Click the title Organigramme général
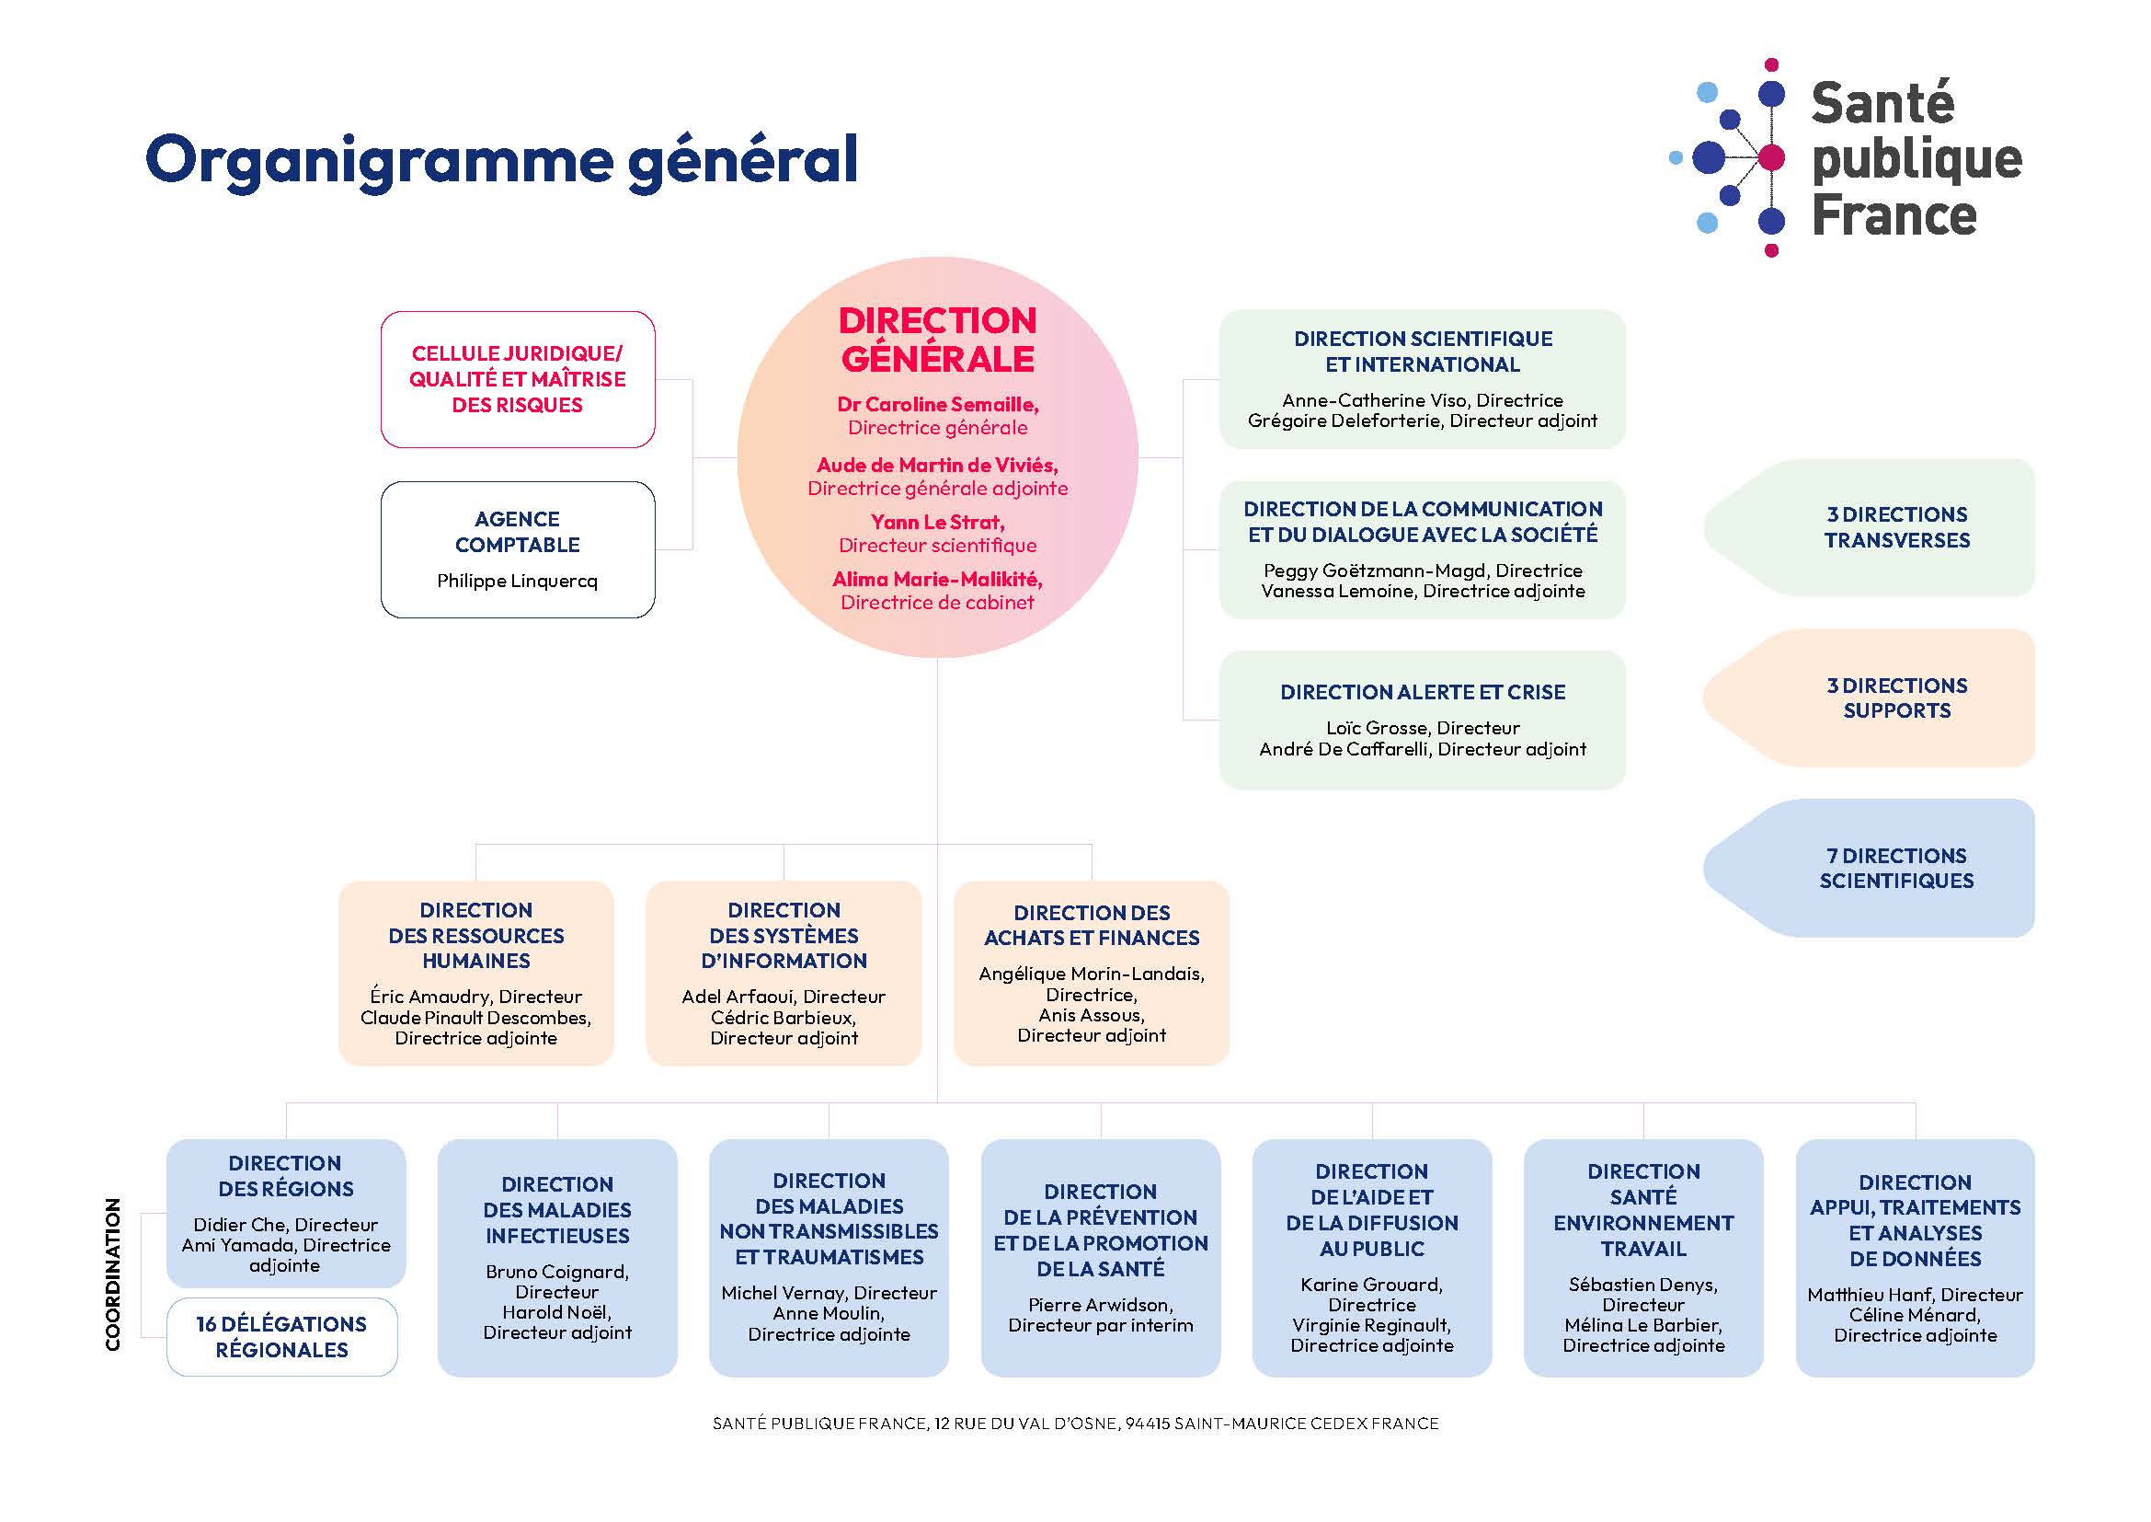click(501, 161)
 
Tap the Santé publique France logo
click(1846, 157)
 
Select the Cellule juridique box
click(517, 379)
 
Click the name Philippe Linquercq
click(517, 581)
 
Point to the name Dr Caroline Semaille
click(937, 405)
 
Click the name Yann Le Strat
click(937, 522)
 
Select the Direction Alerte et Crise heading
click(1422, 692)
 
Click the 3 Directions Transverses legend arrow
click(1869, 527)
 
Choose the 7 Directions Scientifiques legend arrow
click(1869, 868)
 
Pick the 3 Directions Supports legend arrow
click(1869, 698)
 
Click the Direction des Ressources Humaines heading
click(476, 935)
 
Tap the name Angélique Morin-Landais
click(1092, 974)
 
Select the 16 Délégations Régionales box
click(282, 1336)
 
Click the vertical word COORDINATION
click(113, 1274)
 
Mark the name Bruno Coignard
click(556, 1272)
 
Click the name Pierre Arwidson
click(1100, 1305)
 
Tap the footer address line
click(1076, 1424)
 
